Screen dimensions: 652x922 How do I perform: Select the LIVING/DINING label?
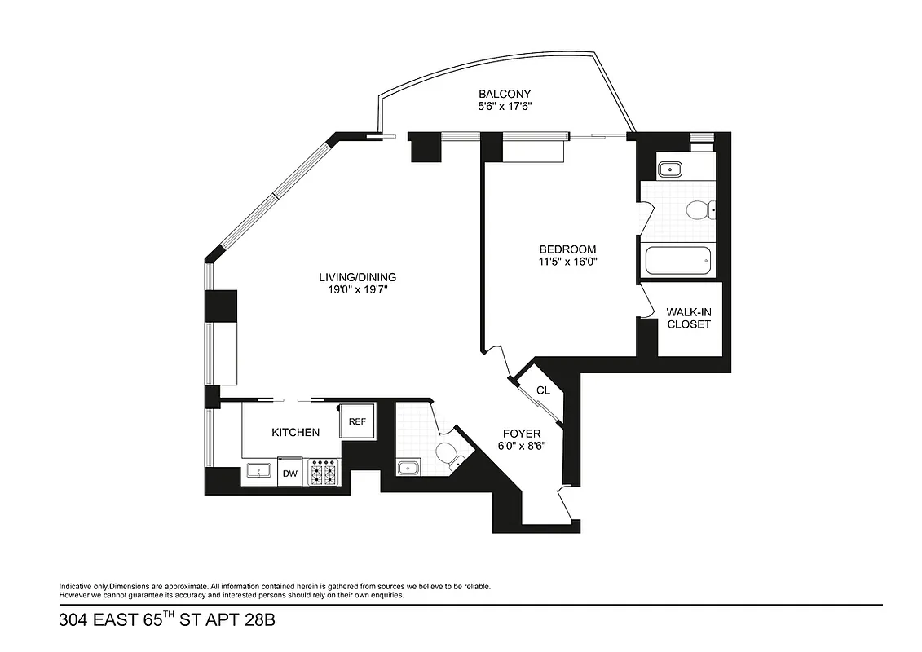[357, 277]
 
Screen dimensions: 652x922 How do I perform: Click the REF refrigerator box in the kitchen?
[357, 421]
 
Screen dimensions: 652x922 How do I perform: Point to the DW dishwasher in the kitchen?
[289, 473]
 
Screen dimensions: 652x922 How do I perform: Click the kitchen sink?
[259, 471]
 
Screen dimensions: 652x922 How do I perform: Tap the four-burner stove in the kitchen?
[324, 472]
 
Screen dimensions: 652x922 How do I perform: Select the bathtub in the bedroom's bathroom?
[677, 262]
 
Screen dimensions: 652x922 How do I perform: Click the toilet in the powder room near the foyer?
[448, 454]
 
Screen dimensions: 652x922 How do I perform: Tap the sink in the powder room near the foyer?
[408, 467]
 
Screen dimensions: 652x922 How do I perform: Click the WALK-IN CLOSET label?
[689, 318]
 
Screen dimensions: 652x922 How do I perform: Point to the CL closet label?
[543, 390]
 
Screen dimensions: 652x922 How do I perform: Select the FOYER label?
[521, 434]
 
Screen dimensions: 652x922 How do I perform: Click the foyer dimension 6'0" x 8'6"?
[521, 446]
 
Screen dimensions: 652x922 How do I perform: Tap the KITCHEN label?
[295, 432]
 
